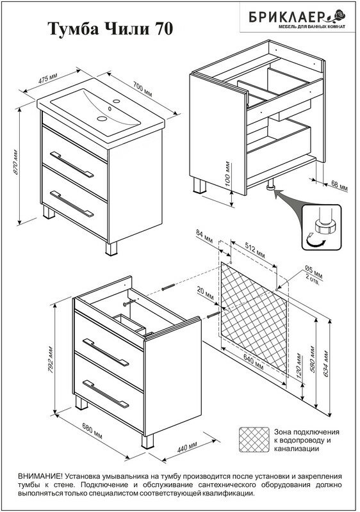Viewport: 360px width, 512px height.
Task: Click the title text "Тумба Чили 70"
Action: pyautogui.click(x=110, y=29)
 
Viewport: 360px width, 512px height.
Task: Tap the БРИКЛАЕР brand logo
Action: pyautogui.click(x=297, y=18)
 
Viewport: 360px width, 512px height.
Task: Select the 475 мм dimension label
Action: pyautogui.click(x=47, y=79)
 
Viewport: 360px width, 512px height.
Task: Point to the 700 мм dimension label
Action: pyautogui.click(x=142, y=89)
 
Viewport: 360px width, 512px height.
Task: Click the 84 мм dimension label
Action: pyautogui.click(x=204, y=236)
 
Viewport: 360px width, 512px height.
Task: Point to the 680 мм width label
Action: pyautogui.click(x=92, y=431)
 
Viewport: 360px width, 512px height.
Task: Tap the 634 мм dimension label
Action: pyautogui.click(x=326, y=364)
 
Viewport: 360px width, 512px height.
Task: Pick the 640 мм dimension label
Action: pyautogui.click(x=253, y=362)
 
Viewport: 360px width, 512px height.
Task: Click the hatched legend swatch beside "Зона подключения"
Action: pyautogui.click(x=254, y=440)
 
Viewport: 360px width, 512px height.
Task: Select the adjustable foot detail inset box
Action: pyautogui.click(x=321, y=227)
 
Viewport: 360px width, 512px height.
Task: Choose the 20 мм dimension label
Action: pyautogui.click(x=205, y=293)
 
